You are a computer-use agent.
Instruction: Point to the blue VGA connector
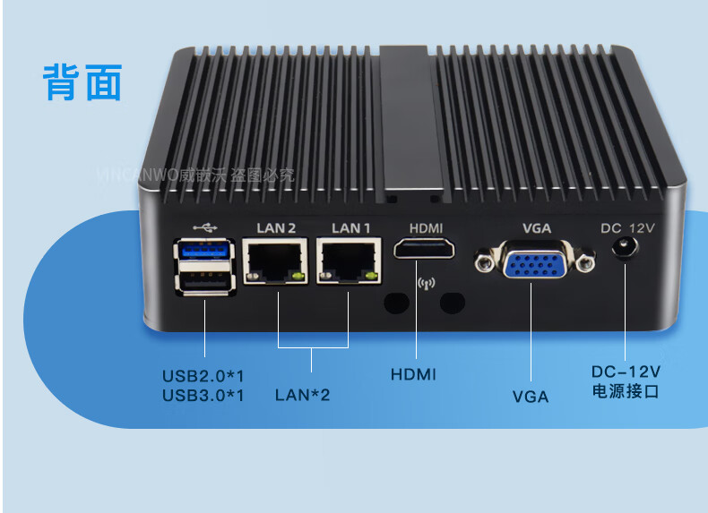tap(536, 264)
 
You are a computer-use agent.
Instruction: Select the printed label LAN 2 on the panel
tap(276, 227)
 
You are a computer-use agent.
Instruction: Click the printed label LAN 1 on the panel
tap(350, 227)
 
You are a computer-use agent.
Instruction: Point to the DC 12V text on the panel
tap(627, 227)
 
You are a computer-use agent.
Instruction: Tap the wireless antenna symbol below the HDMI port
tap(426, 286)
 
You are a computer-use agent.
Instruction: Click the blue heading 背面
tap(82, 82)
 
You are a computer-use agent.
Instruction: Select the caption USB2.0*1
tap(203, 374)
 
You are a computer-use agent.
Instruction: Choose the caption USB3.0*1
tap(203, 394)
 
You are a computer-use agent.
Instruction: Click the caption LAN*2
tap(302, 394)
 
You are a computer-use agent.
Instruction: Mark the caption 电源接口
tap(626, 391)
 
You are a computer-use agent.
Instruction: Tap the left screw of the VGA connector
tap(485, 261)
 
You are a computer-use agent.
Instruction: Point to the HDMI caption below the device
tap(413, 374)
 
